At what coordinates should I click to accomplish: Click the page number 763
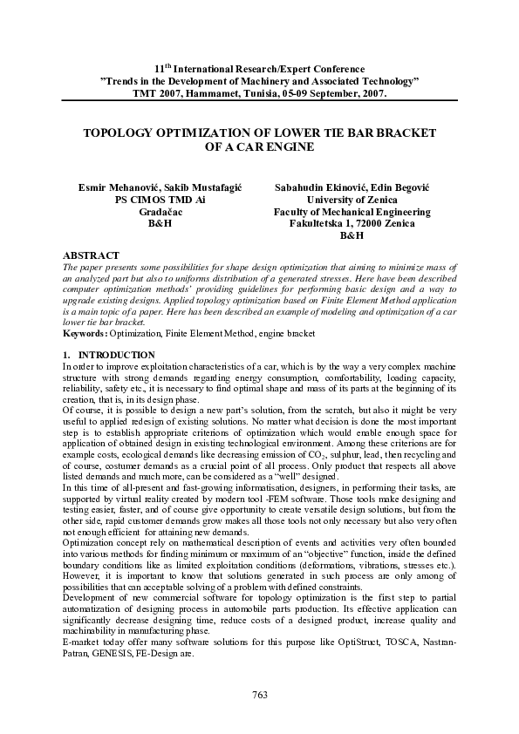tap(259, 694)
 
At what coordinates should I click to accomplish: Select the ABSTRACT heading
tap(92, 255)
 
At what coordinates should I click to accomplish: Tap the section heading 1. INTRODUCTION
tap(109, 356)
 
